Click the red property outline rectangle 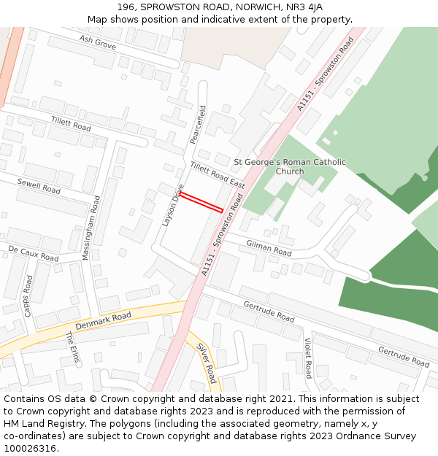pyautogui.click(x=201, y=202)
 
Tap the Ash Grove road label pyautogui.click(x=97, y=43)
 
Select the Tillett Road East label pyautogui.click(x=218, y=175)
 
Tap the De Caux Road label pyautogui.click(x=33, y=254)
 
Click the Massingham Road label pyautogui.click(x=91, y=227)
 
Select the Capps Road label pyautogui.click(x=28, y=295)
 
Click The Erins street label pyautogui.click(x=72, y=347)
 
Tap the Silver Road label pyautogui.click(x=207, y=363)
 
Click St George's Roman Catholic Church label pyautogui.click(x=290, y=166)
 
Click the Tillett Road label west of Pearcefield pyautogui.click(x=71, y=123)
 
